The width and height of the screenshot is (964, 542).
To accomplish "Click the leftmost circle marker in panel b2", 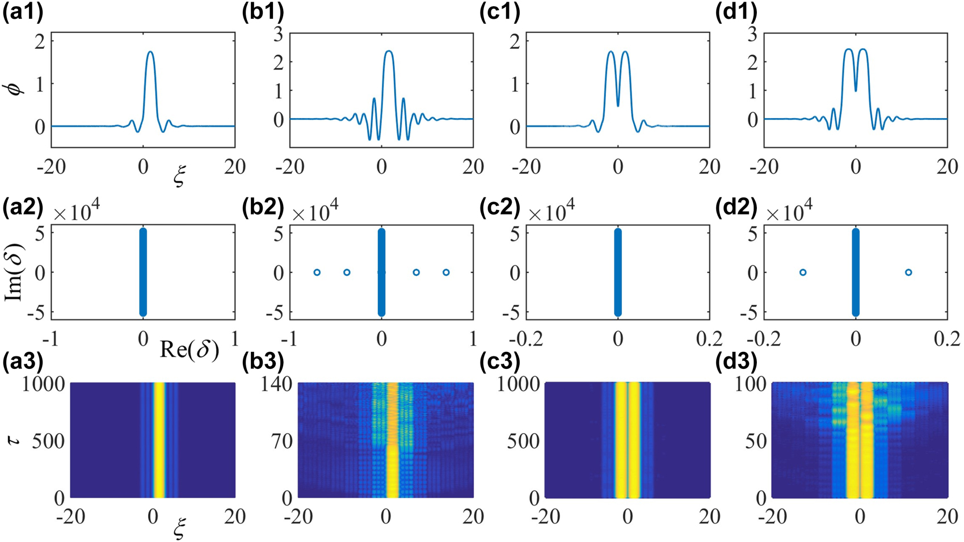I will click(x=317, y=272).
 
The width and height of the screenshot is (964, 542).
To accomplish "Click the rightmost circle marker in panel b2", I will click(x=446, y=272).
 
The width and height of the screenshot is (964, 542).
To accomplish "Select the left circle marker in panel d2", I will click(x=803, y=272).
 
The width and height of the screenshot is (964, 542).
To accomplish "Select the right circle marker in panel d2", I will click(x=908, y=272).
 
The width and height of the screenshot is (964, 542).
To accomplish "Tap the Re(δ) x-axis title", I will click(x=189, y=350).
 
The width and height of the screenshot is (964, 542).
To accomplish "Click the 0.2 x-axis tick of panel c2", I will click(x=709, y=339).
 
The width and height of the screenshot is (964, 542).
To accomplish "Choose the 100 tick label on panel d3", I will click(x=751, y=384).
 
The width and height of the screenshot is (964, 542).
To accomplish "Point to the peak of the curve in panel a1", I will click(x=150, y=52).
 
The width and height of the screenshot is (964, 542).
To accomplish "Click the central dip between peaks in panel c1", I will click(x=618, y=105).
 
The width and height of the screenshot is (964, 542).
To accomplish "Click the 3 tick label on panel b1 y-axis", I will click(x=278, y=35).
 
